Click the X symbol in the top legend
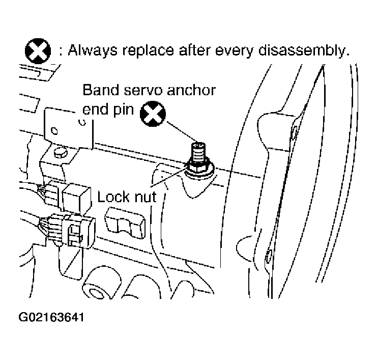click(x=38, y=51)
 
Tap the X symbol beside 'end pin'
click(x=153, y=114)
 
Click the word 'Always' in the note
click(x=93, y=51)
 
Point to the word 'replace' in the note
click(x=149, y=51)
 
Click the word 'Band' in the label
click(x=101, y=90)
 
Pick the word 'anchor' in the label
click(x=191, y=91)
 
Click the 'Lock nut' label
click(x=127, y=197)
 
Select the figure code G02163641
click(x=51, y=317)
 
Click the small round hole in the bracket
click(x=55, y=131)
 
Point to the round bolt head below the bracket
click(x=61, y=152)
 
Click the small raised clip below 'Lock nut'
click(x=125, y=223)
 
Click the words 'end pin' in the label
click(x=108, y=110)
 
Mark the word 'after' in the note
click(x=194, y=51)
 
